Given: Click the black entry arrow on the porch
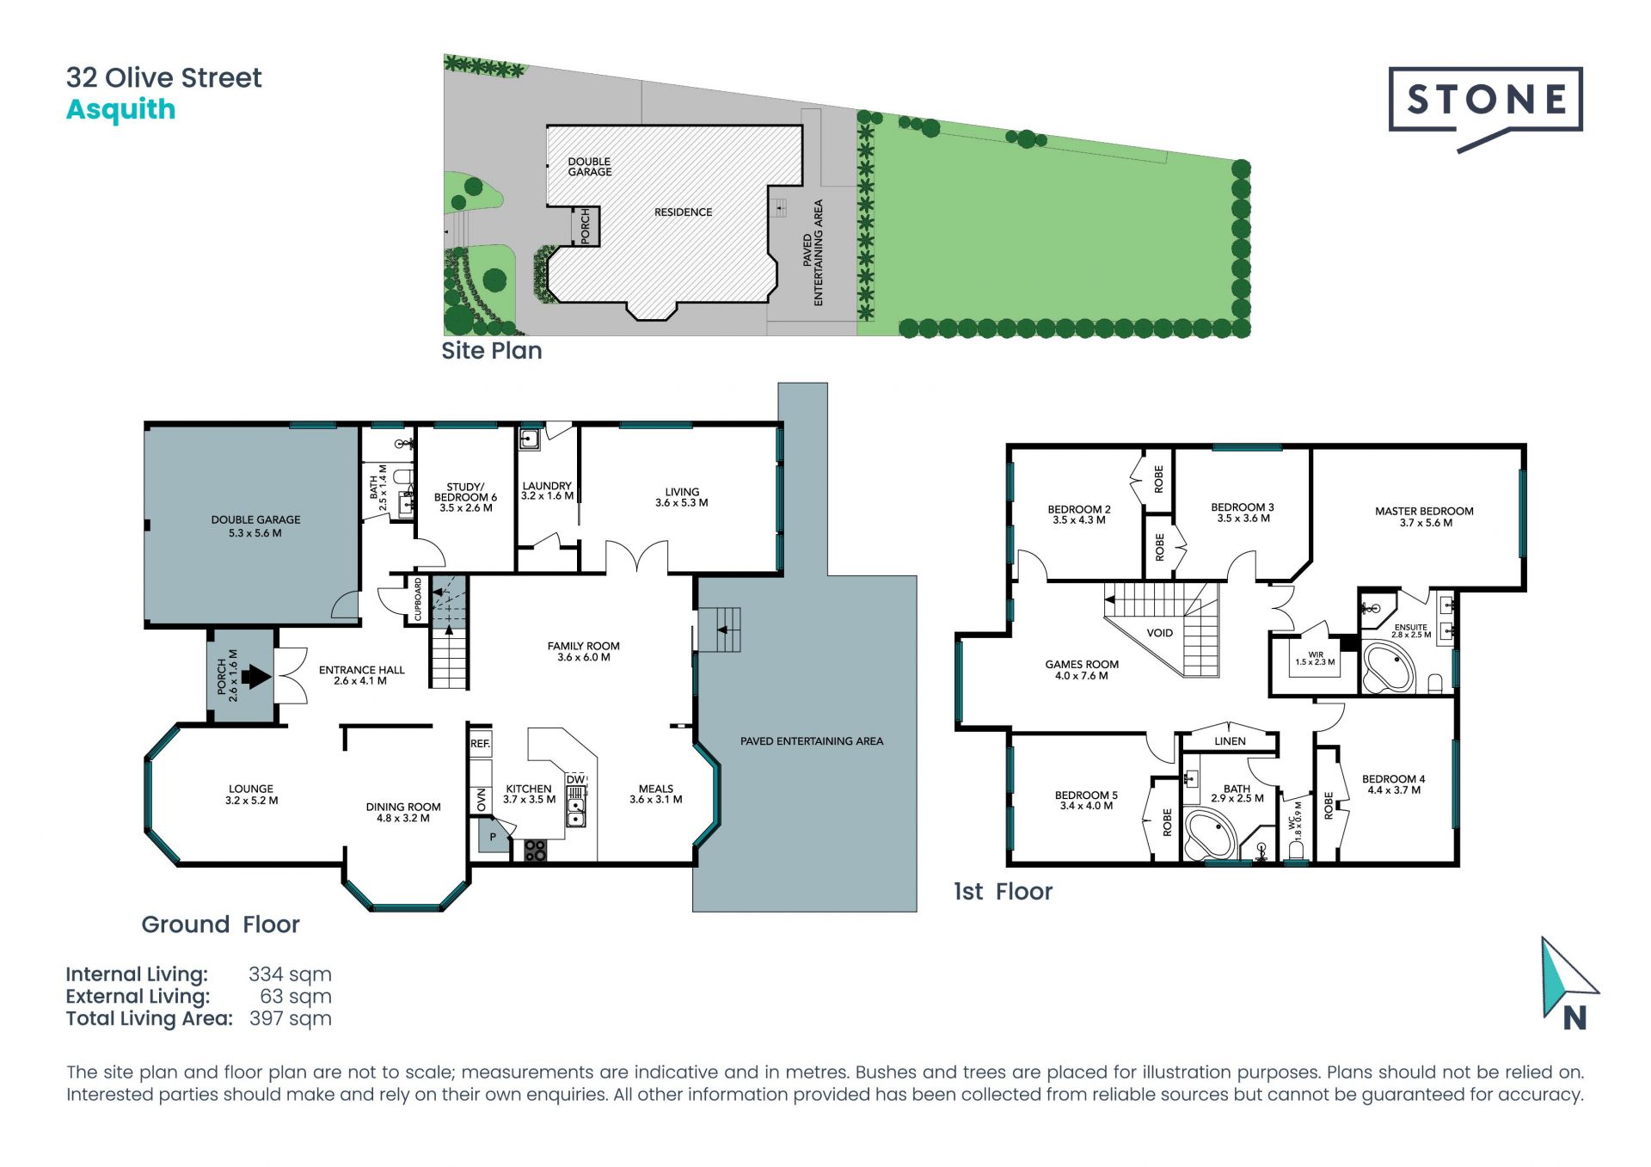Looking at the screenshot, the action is click(255, 676).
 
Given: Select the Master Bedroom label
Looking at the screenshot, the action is click(1424, 511).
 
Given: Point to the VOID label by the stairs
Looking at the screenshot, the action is click(1159, 633).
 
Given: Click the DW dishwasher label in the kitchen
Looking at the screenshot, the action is click(575, 779).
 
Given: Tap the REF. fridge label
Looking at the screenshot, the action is click(480, 743).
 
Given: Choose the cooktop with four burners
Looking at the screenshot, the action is click(535, 851).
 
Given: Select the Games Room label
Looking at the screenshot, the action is click(1082, 664).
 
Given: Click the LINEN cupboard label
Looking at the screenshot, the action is click(1230, 741).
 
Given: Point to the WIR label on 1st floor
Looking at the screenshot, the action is click(1316, 654).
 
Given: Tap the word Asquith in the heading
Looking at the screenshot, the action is click(121, 110).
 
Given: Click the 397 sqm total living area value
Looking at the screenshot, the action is click(291, 1019).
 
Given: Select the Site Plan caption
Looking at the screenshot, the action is click(492, 351).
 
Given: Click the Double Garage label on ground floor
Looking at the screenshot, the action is click(255, 519).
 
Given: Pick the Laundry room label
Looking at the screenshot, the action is click(547, 486).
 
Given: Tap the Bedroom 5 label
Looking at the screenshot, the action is click(1086, 795).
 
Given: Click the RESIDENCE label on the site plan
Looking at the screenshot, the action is click(683, 212).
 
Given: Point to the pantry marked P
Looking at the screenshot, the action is click(494, 837).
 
